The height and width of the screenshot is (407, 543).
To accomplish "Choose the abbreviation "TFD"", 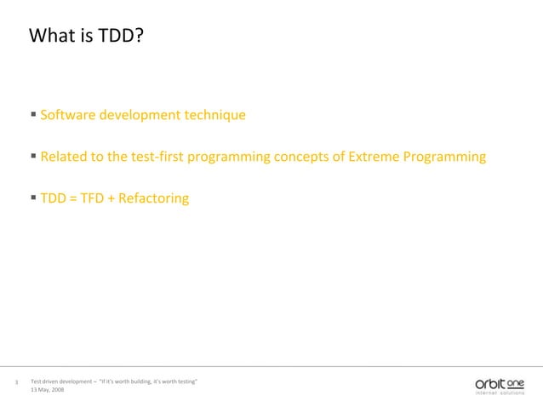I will click(x=92, y=199).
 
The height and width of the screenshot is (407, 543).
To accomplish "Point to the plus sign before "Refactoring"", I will click(x=111, y=199).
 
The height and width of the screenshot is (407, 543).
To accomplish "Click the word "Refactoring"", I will click(x=154, y=199).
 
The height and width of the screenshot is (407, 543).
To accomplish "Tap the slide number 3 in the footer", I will click(x=17, y=382).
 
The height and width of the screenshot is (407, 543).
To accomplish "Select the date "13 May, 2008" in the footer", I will click(x=47, y=389).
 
